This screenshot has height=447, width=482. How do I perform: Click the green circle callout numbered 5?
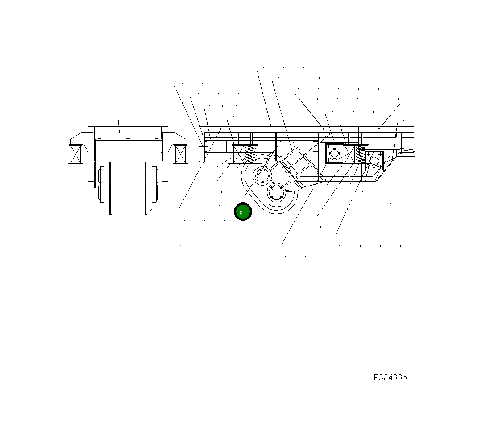point(243,212)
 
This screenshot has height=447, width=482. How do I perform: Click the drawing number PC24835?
point(390,377)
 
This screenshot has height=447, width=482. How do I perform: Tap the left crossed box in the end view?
point(76,154)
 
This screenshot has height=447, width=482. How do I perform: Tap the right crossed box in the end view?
point(180,154)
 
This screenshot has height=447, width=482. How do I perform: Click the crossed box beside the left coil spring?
point(239,154)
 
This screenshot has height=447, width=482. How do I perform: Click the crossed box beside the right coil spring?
point(349,154)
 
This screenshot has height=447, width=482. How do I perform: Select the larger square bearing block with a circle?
point(334,153)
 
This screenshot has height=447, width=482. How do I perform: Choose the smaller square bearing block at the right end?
point(374,160)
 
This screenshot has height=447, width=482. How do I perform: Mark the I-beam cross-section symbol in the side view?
point(227,146)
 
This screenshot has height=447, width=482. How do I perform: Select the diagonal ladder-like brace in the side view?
point(297,161)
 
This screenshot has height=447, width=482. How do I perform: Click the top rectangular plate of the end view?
point(128,133)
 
